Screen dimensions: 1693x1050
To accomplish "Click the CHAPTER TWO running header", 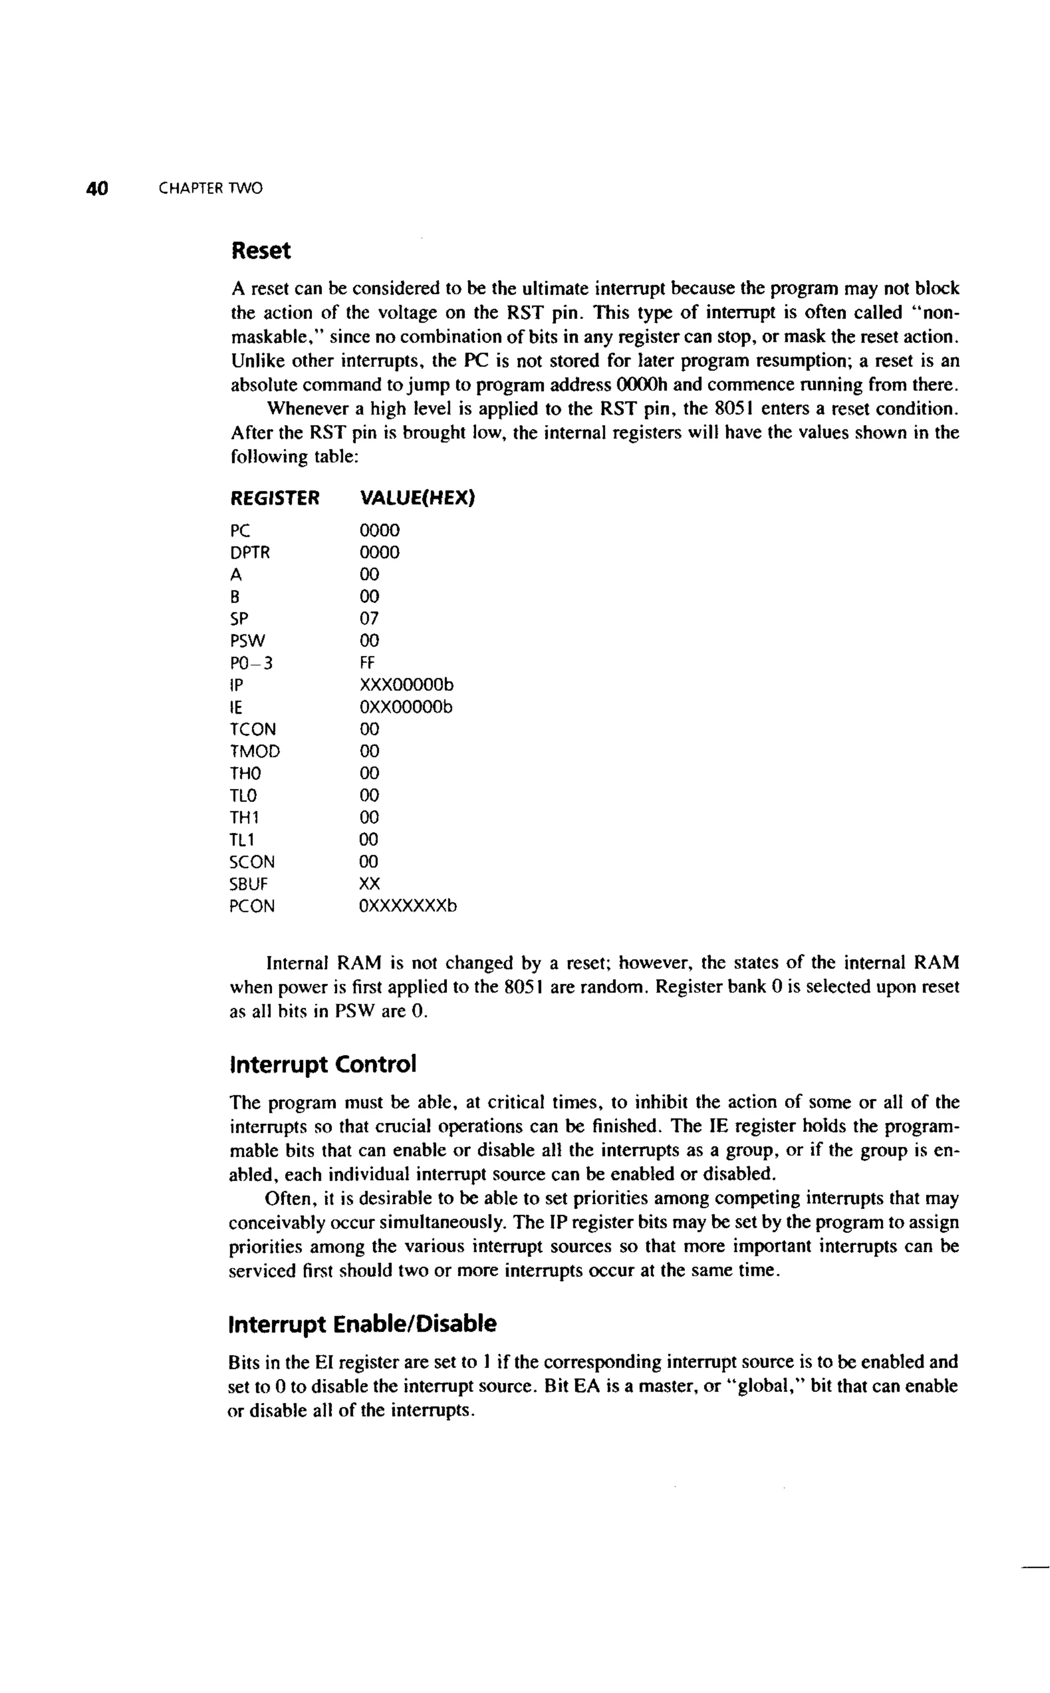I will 210,188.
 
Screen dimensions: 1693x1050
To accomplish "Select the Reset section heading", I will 260,251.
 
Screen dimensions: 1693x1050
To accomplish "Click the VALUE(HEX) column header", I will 417,498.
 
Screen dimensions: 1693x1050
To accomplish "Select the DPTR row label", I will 250,553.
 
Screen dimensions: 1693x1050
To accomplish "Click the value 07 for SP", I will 370,619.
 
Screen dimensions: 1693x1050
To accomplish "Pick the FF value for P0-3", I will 367,663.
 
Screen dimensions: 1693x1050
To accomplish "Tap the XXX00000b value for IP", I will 406,685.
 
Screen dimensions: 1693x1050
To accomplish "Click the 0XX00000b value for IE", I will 406,707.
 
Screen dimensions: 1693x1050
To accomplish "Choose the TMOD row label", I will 255,751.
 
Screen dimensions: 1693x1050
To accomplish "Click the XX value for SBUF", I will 370,884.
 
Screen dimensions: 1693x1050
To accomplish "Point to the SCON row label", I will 252,862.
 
